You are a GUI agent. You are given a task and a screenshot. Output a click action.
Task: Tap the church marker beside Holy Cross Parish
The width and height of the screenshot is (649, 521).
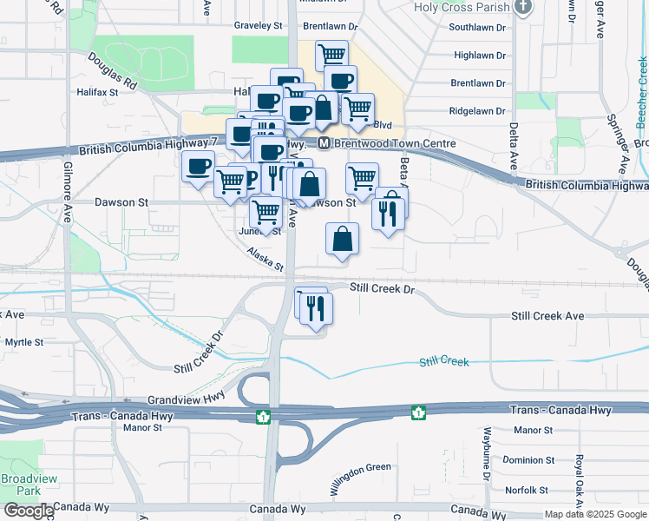pyautogui.click(x=522, y=8)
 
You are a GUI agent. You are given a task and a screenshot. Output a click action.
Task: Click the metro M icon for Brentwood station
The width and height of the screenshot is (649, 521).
pyautogui.click(x=323, y=143)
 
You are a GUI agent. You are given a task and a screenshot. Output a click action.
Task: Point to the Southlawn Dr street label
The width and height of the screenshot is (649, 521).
pyautogui.click(x=476, y=28)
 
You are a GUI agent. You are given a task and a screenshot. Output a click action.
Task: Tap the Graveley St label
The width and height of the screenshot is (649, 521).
pyautogui.click(x=259, y=26)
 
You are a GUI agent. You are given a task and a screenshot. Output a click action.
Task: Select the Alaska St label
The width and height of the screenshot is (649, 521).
pyautogui.click(x=265, y=258)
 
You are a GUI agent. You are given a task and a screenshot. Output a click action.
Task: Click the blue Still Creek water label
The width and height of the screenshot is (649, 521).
pyautogui.click(x=443, y=360)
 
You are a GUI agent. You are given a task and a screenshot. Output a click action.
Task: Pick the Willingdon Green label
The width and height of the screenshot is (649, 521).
pyautogui.click(x=359, y=479)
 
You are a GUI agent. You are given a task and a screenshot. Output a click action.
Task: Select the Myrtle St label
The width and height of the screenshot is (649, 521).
pyautogui.click(x=24, y=343)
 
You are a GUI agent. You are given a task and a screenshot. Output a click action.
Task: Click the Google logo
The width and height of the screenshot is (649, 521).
pyautogui.click(x=29, y=511)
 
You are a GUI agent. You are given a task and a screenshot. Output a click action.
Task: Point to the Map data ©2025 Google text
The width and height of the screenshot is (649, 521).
pyautogui.click(x=594, y=514)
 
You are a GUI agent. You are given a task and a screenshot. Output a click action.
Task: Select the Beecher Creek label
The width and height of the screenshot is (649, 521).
pyautogui.click(x=642, y=82)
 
